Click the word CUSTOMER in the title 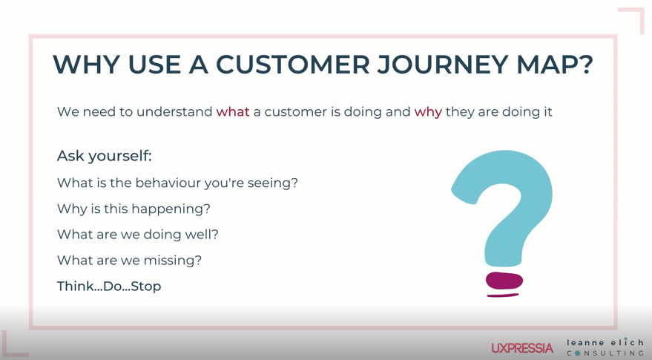pyautogui.click(x=293, y=64)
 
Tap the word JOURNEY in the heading pyautogui.click(x=444, y=64)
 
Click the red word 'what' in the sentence pyautogui.click(x=233, y=111)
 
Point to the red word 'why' pyautogui.click(x=428, y=112)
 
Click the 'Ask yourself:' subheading pyautogui.click(x=105, y=156)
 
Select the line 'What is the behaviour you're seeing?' pyautogui.click(x=177, y=183)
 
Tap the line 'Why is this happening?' pyautogui.click(x=134, y=209)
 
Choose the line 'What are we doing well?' pyautogui.click(x=138, y=235)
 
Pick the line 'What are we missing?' pyautogui.click(x=129, y=261)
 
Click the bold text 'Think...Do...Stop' pyautogui.click(x=109, y=287)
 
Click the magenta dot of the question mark pyautogui.click(x=504, y=281)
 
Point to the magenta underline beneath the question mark pyautogui.click(x=503, y=295)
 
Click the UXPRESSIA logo pyautogui.click(x=522, y=348)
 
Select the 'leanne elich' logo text pyautogui.click(x=605, y=342)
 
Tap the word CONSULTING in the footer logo pyautogui.click(x=605, y=353)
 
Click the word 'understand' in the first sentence pyautogui.click(x=174, y=111)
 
